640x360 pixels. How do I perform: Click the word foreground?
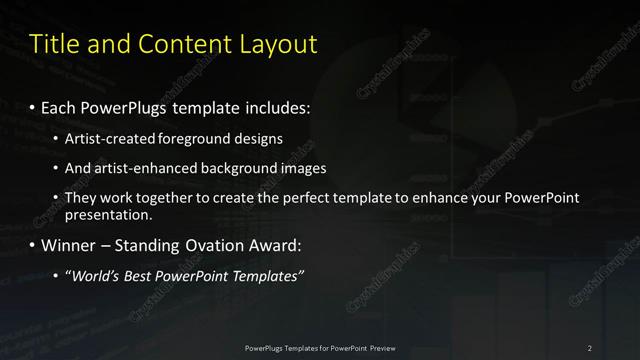pos(217,139)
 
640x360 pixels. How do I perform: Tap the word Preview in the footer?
pos(379,348)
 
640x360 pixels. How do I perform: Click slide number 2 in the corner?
pos(589,348)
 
